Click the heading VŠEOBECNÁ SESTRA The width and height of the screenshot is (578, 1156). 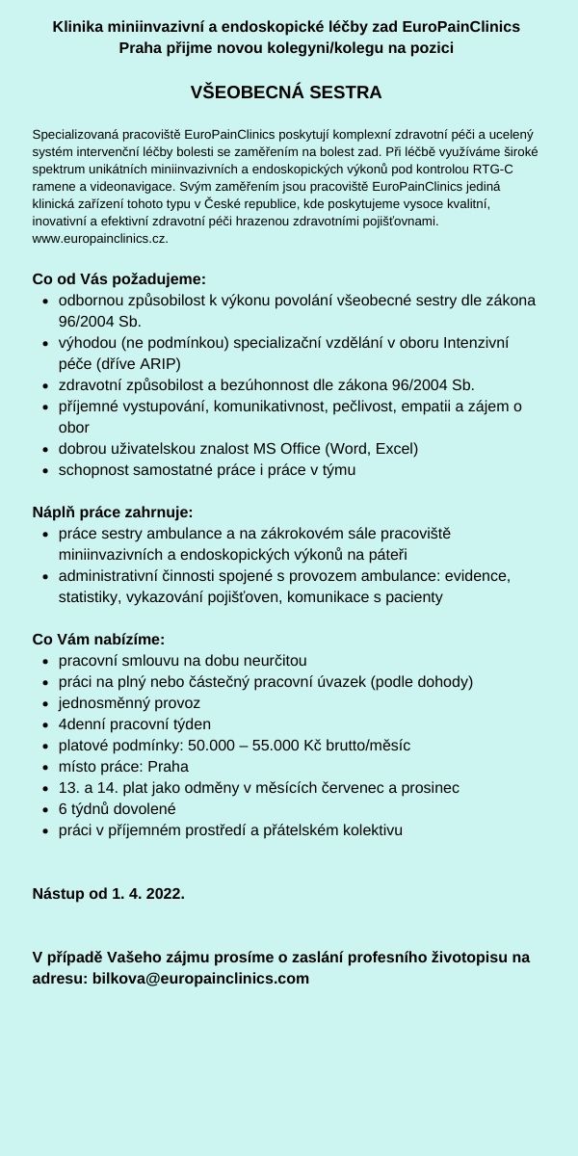click(286, 92)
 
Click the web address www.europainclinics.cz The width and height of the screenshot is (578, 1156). click(100, 237)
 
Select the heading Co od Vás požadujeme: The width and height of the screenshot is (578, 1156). click(118, 278)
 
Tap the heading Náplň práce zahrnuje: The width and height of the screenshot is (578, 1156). click(113, 512)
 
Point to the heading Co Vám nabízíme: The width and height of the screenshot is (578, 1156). click(99, 639)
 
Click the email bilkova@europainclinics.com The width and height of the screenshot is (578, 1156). click(199, 978)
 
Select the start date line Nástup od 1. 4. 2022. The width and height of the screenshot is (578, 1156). click(109, 893)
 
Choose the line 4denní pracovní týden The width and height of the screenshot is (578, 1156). click(135, 724)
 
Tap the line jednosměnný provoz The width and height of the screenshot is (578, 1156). click(129, 703)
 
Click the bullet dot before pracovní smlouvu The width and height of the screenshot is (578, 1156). click(47, 662)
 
